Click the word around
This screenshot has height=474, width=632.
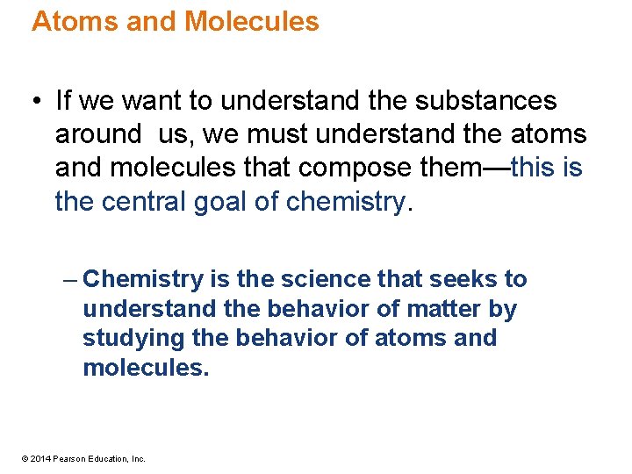click(97, 134)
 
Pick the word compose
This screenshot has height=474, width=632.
click(370, 168)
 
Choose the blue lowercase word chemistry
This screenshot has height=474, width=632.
click(347, 202)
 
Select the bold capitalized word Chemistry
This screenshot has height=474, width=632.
click(145, 279)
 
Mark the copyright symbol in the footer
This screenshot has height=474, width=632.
click(25, 458)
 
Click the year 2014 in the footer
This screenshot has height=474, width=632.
click(40, 458)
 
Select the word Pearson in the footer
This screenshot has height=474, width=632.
click(69, 458)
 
